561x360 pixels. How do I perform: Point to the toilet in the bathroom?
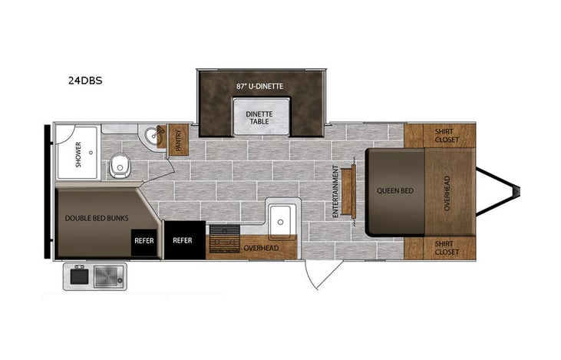[119, 164]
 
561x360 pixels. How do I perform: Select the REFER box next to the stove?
[183, 239]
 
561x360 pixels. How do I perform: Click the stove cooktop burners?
[223, 238]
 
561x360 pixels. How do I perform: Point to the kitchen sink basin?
[281, 219]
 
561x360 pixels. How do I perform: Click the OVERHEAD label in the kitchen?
[260, 249]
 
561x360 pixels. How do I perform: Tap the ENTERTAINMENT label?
[336, 192]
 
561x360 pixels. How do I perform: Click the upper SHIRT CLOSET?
[447, 136]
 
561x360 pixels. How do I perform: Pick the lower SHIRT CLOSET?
[447, 247]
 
